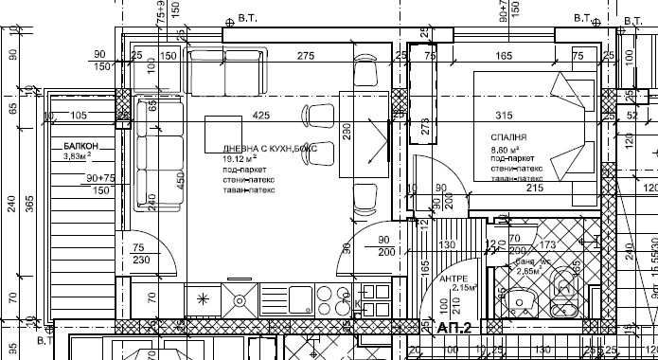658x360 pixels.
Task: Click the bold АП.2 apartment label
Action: click(455, 328)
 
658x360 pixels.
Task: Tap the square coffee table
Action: click(225, 132)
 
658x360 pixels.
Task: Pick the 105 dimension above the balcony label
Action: click(80, 116)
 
